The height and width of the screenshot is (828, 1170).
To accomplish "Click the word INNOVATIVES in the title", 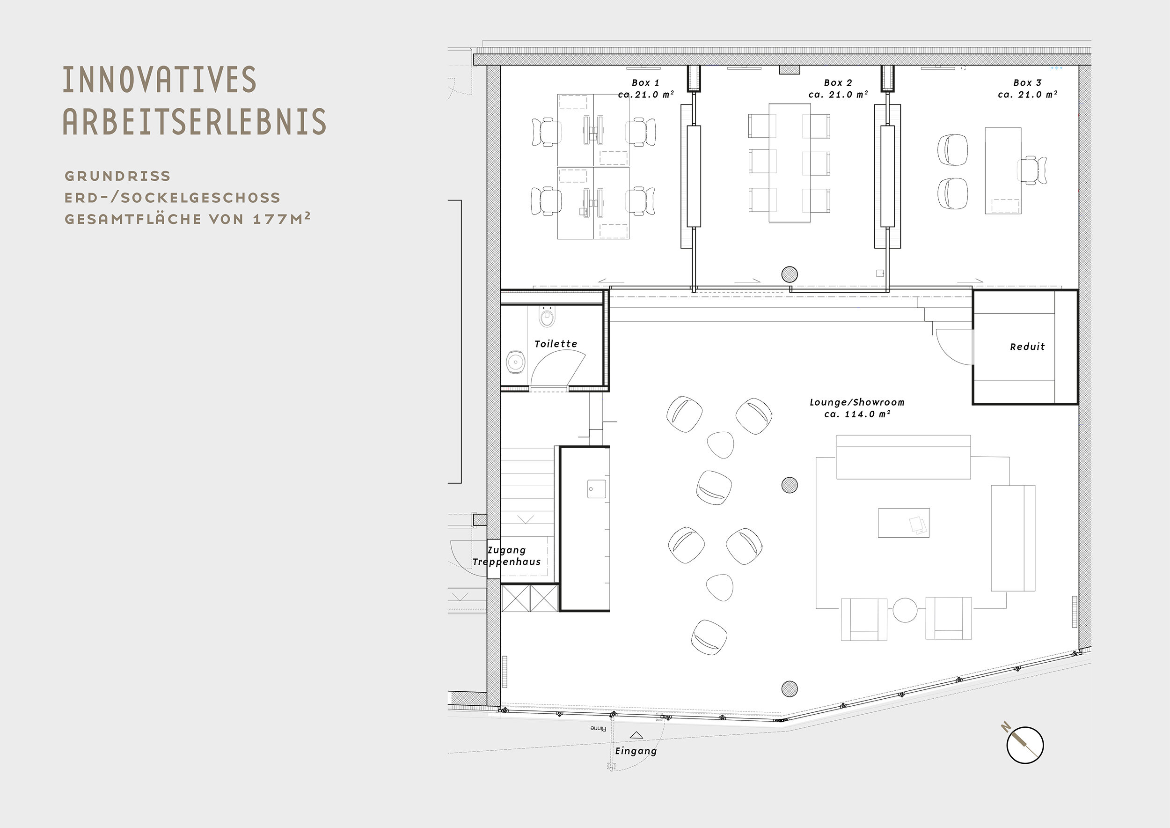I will [x=160, y=80].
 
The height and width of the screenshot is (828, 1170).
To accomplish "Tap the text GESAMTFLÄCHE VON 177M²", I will [x=187, y=219].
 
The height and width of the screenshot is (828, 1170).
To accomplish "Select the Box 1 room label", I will [x=646, y=88].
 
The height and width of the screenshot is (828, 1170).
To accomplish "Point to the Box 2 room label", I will [x=838, y=88].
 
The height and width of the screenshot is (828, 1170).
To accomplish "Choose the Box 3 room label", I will [x=1027, y=88].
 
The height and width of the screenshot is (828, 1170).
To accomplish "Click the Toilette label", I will [x=556, y=344].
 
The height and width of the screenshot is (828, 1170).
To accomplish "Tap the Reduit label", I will [x=1027, y=347].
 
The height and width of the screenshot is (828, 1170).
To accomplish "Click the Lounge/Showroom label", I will [x=857, y=408].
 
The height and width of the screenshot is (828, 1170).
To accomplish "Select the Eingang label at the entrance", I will [x=636, y=751].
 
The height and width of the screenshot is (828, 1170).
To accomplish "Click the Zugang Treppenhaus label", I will [x=506, y=556].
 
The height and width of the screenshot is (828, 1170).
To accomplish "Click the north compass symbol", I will [x=1025, y=744].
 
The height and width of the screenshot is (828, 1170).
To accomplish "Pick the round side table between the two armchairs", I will [x=905, y=610].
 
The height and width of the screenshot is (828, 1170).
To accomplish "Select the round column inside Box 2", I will [x=790, y=274].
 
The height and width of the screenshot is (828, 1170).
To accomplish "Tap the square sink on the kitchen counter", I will [x=596, y=489].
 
